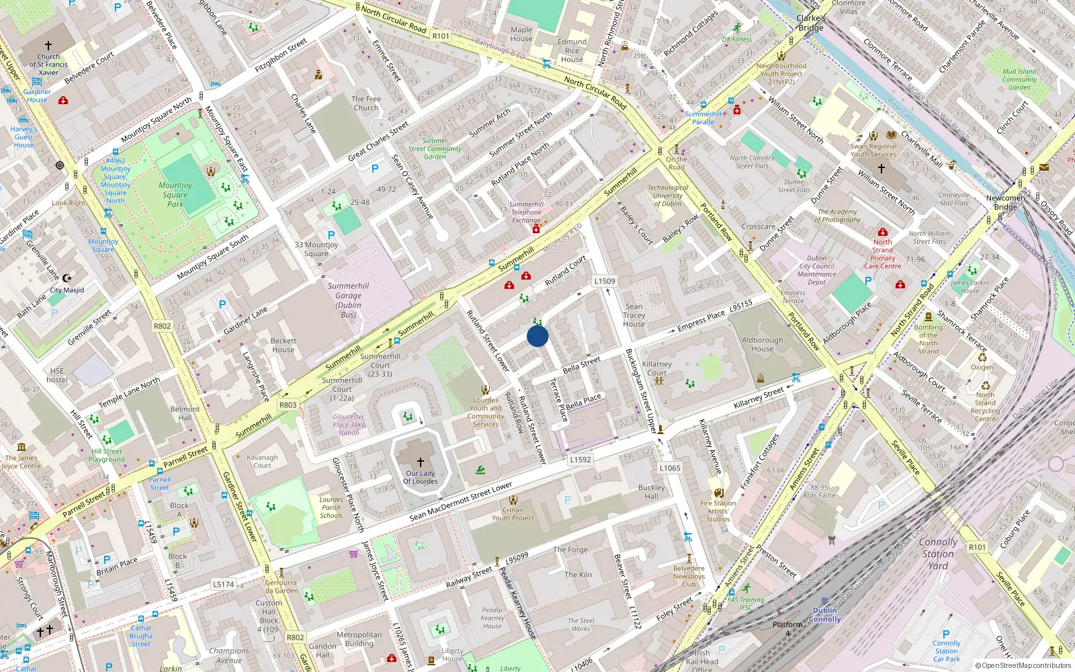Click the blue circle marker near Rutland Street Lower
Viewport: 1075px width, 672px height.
coord(537,336)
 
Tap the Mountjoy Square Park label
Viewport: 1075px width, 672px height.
coord(175,195)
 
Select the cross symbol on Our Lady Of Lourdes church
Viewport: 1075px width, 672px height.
coord(421,462)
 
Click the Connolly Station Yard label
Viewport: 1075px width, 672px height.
coord(938,554)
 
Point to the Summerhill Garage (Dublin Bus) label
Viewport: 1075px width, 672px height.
coord(348,300)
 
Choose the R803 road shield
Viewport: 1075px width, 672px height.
coord(288,405)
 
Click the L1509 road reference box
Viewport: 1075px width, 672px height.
coord(605,281)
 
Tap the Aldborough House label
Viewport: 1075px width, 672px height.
coord(763,344)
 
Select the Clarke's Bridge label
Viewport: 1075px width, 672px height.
coord(811,23)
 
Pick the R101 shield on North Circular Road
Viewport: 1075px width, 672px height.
coord(441,36)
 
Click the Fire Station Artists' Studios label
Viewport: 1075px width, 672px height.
coord(718,511)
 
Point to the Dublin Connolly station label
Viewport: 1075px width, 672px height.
coord(825,615)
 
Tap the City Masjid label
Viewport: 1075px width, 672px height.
coord(67,290)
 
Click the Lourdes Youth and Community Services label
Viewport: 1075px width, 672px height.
coord(486,412)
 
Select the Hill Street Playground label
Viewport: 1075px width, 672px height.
coord(107,456)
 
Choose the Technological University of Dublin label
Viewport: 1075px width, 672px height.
coord(667,196)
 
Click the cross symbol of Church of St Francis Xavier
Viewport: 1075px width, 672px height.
coord(48,46)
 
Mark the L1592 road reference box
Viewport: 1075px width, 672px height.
coord(580,460)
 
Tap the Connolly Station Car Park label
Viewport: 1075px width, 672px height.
coord(946,650)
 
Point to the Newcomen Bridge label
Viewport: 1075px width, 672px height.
coord(1005,202)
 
